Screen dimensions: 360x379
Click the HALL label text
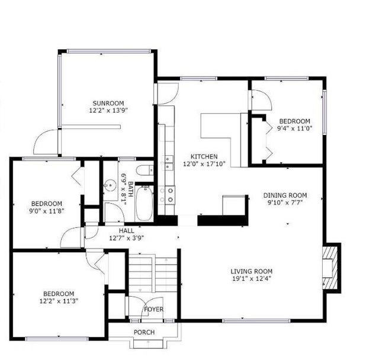pos(126,230)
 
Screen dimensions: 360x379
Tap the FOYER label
pos(153,309)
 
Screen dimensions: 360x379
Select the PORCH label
pos(144,332)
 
